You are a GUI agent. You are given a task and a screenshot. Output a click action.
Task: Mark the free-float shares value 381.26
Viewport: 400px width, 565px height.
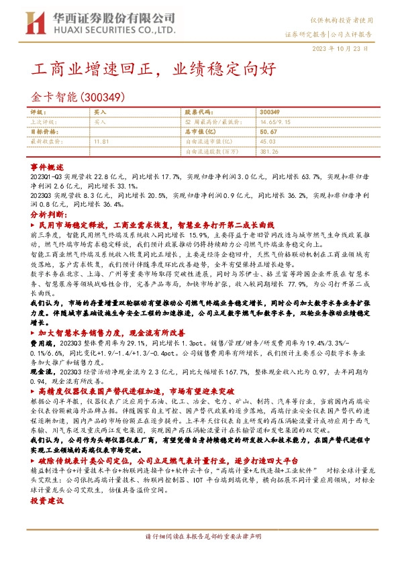click(x=269, y=152)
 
